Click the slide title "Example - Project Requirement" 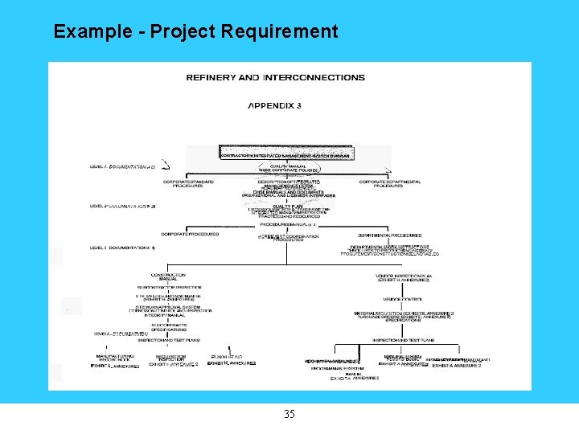click(195, 32)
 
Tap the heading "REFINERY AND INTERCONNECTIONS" click(275, 78)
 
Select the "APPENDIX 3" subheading click(274, 105)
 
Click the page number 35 click(289, 415)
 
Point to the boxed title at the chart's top click(289, 153)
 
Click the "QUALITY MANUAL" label click(289, 166)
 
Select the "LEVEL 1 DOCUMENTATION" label click(121, 166)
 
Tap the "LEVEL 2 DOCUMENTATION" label click(122, 206)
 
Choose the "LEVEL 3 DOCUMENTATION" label click(122, 247)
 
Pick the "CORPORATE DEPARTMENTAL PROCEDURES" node click(390, 183)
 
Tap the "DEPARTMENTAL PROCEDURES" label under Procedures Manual click(390, 235)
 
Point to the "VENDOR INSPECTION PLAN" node click(403, 277)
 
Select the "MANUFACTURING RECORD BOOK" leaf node click(114, 358)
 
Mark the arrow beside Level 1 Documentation click(166, 166)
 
